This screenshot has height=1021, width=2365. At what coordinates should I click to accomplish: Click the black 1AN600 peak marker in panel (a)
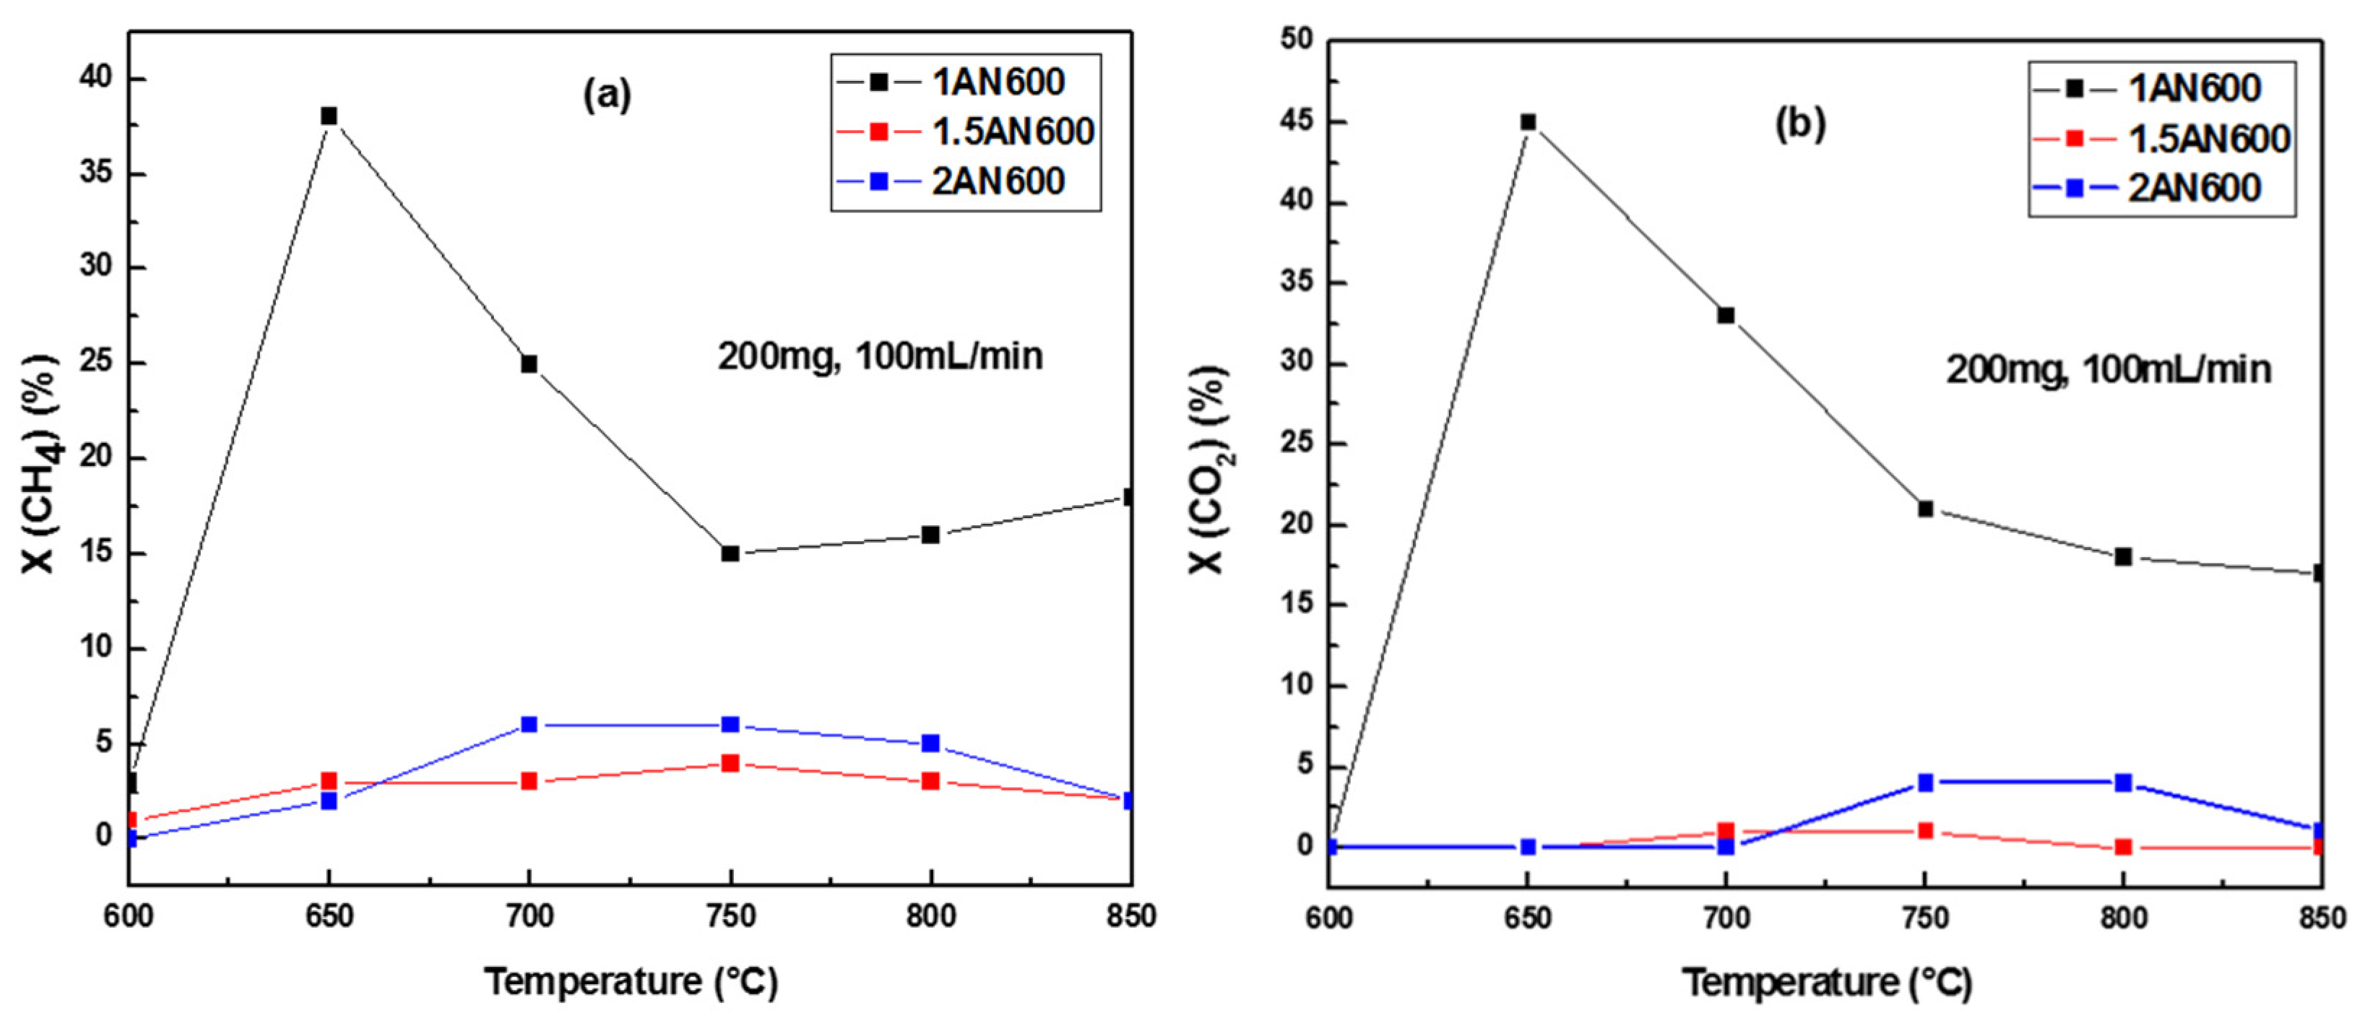tap(329, 116)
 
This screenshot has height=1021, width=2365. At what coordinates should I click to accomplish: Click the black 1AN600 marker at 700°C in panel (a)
tap(529, 363)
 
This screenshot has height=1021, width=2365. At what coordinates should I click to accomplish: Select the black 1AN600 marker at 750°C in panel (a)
tap(730, 553)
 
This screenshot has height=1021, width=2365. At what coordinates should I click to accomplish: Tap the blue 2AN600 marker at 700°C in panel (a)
tap(529, 725)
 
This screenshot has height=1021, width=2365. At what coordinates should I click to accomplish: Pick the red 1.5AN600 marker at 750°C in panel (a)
tap(730, 763)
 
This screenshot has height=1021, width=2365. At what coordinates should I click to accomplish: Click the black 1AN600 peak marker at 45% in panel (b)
tap(1528, 122)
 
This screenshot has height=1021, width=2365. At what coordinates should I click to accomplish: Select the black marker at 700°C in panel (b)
tap(1726, 315)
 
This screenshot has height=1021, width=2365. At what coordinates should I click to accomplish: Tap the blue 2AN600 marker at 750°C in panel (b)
tap(1925, 783)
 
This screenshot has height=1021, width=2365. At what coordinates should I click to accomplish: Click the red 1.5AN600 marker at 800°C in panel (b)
tap(2124, 847)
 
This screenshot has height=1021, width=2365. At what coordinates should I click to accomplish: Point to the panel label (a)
tap(608, 94)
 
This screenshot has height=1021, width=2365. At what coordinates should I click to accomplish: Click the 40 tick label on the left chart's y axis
tap(94, 78)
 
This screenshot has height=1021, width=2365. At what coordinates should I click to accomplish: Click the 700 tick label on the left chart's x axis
tap(529, 916)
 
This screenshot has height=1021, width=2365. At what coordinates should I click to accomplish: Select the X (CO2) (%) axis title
tap(1210, 469)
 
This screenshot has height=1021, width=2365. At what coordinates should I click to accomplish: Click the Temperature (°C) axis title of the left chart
tap(631, 981)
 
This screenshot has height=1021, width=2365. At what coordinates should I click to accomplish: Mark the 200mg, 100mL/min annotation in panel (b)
tap(2108, 370)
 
